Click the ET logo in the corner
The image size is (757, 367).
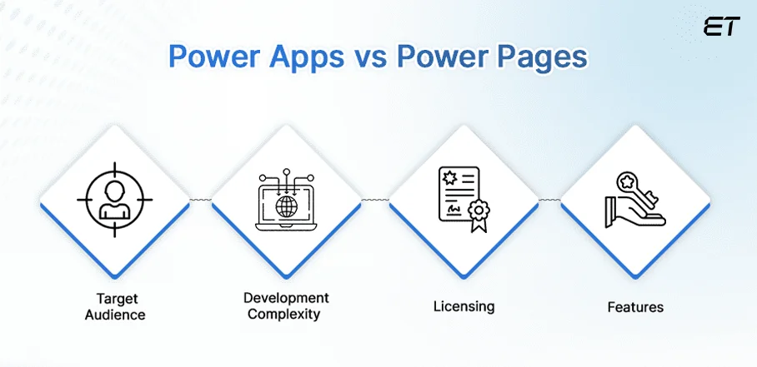[721, 27]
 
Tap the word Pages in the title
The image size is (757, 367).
[539, 58]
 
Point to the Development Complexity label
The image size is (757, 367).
[286, 305]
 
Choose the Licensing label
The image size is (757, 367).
[464, 306]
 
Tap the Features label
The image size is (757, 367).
[635, 307]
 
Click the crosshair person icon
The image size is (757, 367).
[115, 200]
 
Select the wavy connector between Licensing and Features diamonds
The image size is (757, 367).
[549, 200]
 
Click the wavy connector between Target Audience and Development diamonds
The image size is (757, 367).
[201, 200]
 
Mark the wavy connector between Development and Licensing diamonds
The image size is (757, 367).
[374, 200]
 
